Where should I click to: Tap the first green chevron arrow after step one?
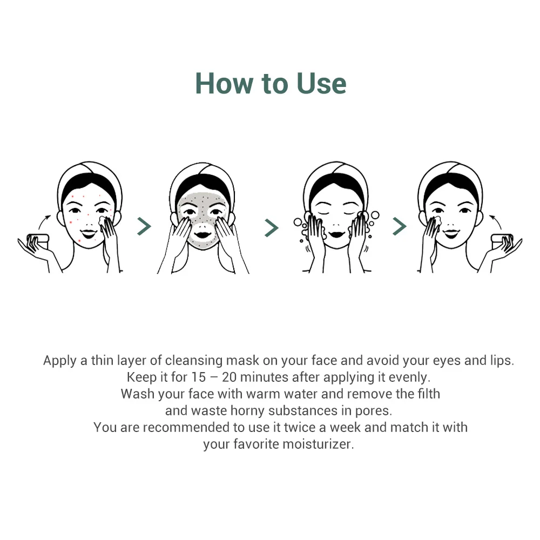144,226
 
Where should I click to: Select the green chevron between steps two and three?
271,227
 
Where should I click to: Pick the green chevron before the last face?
399,226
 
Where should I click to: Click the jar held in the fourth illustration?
502,240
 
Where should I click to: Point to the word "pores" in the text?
372,411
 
